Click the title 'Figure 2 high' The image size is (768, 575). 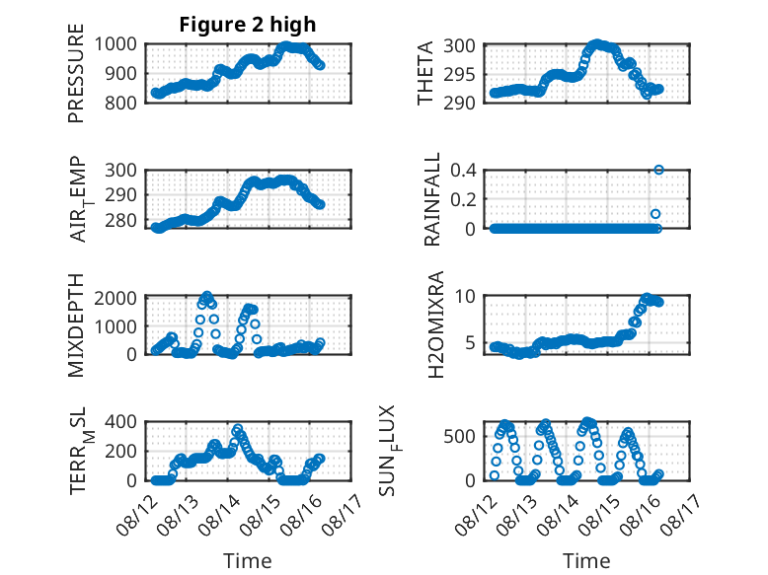[248, 25]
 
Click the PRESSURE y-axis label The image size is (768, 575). [76, 73]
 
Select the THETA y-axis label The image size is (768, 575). [425, 73]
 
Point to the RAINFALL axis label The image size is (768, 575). [432, 199]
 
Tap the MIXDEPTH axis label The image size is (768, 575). [76, 325]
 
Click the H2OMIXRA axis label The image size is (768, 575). [435, 324]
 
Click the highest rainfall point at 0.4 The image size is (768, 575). [658, 170]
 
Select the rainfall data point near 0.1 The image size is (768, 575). [655, 214]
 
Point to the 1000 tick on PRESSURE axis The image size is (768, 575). [115, 44]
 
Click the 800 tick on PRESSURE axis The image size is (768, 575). [120, 103]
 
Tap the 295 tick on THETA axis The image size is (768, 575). [459, 74]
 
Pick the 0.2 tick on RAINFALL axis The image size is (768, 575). [463, 199]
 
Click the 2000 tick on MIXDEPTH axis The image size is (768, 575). [115, 298]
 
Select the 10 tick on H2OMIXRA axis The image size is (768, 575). [465, 296]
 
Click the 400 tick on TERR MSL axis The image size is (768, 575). [120, 421]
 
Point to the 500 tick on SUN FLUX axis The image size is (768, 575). [459, 436]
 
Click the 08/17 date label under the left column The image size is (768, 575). [343, 514]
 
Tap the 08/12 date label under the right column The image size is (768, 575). [475, 514]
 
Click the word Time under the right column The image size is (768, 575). [586, 561]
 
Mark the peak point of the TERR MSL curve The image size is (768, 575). [238, 429]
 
